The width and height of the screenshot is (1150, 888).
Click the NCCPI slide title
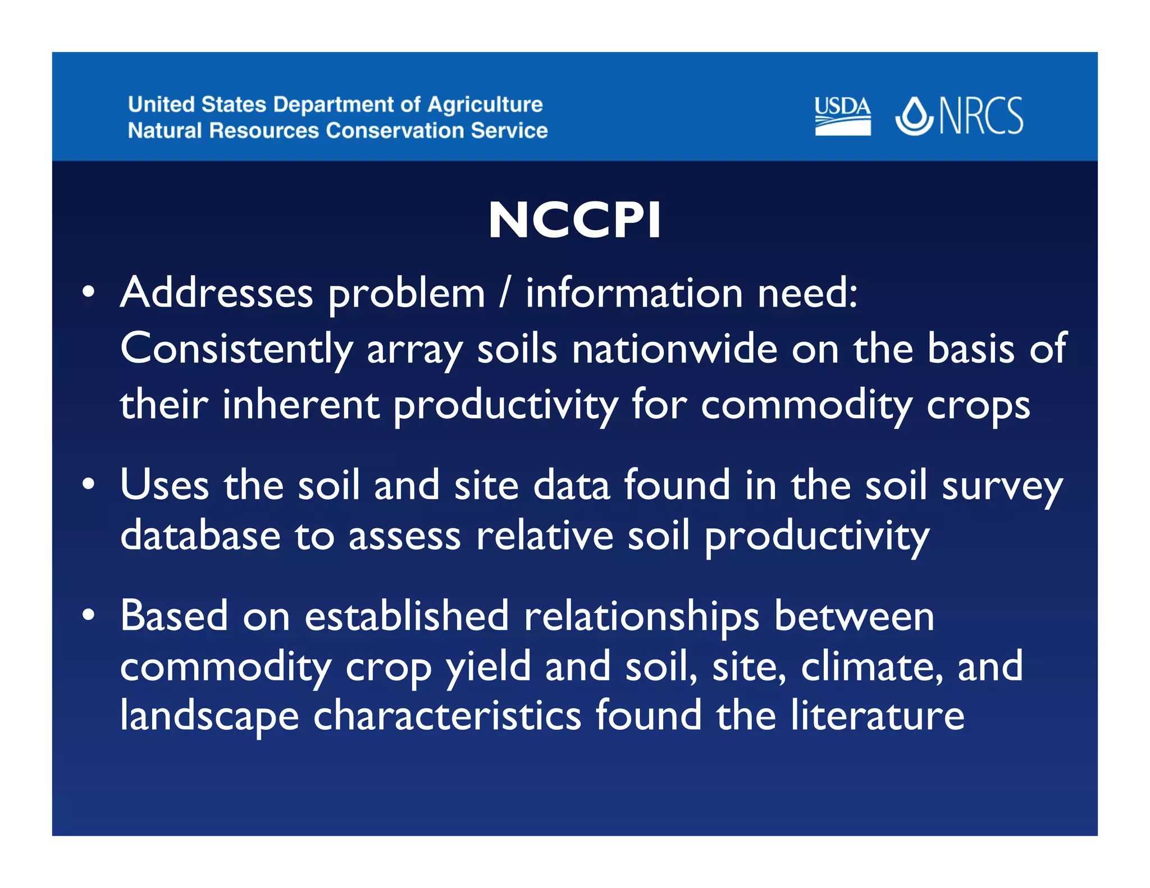tap(574, 220)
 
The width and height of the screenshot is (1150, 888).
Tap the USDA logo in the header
tap(842, 116)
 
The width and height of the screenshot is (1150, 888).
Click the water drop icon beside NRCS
tap(914, 116)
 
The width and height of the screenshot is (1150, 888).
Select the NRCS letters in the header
tap(981, 116)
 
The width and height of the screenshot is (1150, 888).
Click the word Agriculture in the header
tap(485, 105)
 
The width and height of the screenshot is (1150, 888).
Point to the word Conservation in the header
tap(395, 131)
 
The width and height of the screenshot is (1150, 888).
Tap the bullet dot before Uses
tap(88, 484)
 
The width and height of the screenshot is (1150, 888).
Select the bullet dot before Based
tap(88, 615)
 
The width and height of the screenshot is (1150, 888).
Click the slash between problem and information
tap(505, 293)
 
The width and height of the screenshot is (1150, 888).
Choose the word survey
tap(1002, 486)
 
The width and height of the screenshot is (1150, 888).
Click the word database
tap(200, 535)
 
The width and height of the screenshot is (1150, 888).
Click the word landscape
tap(209, 717)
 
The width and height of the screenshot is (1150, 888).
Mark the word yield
tap(488, 667)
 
